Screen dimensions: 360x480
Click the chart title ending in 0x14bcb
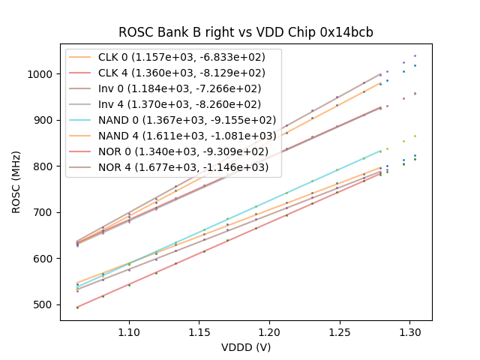pyautogui.click(x=246, y=32)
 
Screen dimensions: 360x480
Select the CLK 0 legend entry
pyautogui.click(x=187, y=57)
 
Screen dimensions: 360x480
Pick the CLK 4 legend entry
pyautogui.click(x=187, y=73)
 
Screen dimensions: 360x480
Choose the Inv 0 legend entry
pyautogui.click(x=187, y=88)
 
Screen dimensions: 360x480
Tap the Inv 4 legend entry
pyautogui.click(x=187, y=104)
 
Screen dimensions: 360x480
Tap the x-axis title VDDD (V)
pyautogui.click(x=246, y=347)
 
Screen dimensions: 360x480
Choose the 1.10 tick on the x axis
pyautogui.click(x=129, y=331)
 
